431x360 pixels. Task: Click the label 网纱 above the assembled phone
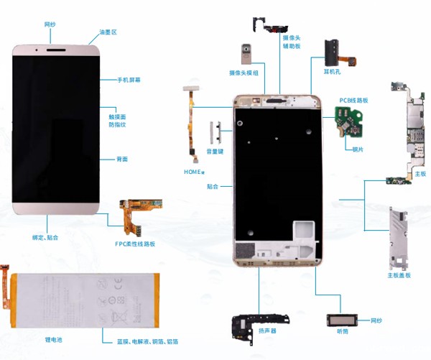[50, 24]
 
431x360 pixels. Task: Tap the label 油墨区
[108, 32]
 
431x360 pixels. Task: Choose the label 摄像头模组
[245, 73]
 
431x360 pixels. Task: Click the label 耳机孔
[331, 70]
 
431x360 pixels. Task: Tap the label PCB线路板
[353, 101]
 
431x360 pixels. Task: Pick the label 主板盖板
[399, 275]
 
